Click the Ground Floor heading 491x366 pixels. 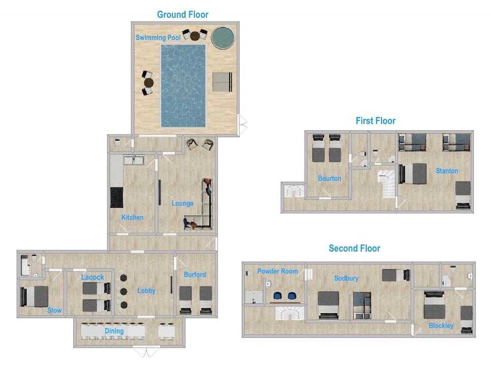coord(183,14)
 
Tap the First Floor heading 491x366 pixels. coord(376,121)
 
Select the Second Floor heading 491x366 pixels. coord(355,249)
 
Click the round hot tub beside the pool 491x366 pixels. coord(223,37)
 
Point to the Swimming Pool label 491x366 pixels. coord(158,38)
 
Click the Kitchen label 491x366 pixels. coord(132,217)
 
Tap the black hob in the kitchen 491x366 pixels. coord(117,197)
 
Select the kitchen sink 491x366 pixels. coord(134,160)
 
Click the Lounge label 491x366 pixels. coord(182,203)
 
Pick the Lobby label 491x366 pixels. coord(146,291)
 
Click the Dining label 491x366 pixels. coord(114,331)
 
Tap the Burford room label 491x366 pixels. coord(195,274)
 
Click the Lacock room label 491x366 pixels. coord(93,277)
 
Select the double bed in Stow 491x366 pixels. coord(34,296)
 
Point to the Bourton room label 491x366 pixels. coord(329,178)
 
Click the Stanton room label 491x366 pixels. coord(447,171)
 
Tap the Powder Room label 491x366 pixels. coord(277,271)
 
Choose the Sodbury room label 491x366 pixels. coord(346,278)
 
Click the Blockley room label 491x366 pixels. coord(441,326)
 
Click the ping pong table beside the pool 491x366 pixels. coord(222,82)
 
